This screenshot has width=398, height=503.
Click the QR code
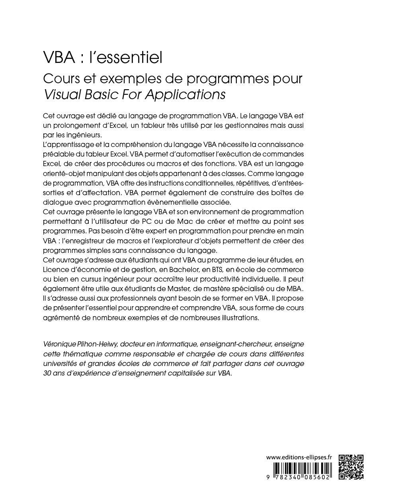point(351,466)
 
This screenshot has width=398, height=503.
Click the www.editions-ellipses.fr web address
point(299,458)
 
